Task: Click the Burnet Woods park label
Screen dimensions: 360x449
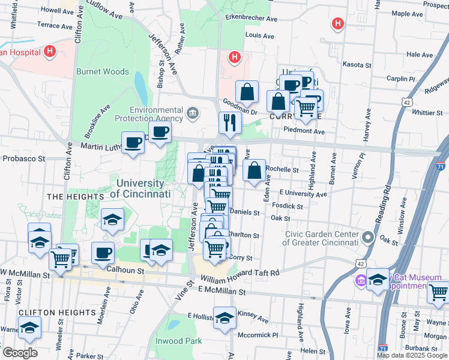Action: coord(102,71)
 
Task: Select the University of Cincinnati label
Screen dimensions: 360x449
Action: coord(141,188)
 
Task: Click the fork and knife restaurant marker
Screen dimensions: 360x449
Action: coord(229,122)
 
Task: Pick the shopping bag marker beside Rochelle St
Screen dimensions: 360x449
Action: coord(255,170)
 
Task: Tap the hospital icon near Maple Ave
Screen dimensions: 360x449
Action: coord(338,24)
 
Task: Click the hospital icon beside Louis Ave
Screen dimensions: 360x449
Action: coord(235,58)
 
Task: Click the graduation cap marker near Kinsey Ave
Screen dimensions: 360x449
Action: coord(224,318)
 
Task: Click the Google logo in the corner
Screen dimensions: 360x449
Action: coord(19,352)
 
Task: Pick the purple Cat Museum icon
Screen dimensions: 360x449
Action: coord(361,280)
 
